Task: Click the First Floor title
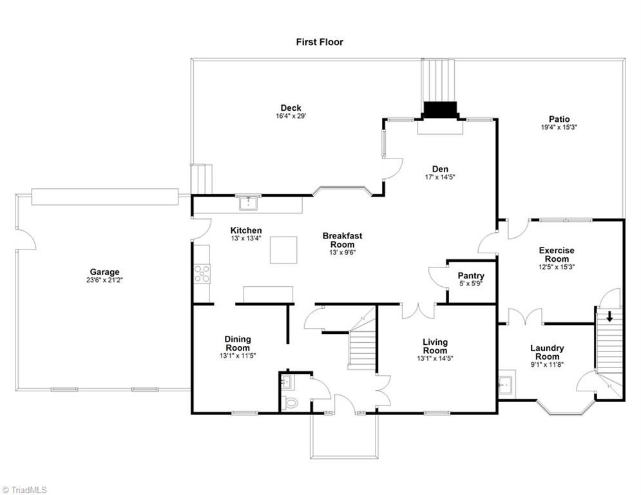320,42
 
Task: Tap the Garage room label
104,271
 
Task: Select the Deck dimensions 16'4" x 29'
291,116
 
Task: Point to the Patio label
559,119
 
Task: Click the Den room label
440,169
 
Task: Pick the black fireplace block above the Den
440,110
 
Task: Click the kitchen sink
249,203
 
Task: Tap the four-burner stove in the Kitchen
202,274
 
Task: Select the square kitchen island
283,249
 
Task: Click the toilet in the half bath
291,402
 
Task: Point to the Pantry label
471,276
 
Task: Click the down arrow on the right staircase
609,316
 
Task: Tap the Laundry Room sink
507,384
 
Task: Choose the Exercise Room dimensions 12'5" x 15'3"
557,267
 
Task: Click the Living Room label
435,346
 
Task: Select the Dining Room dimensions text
238,356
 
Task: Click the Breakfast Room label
342,240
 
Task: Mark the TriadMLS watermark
24,490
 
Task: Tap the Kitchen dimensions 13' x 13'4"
245,238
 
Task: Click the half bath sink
287,382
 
